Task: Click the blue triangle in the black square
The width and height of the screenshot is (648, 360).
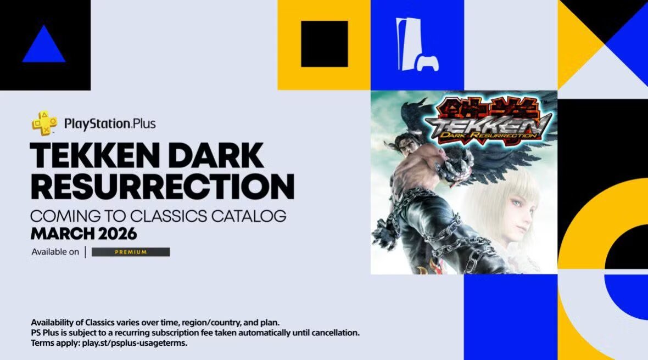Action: point(44,46)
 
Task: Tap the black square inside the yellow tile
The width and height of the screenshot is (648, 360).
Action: point(324,44)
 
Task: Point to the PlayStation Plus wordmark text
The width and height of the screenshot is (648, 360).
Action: point(110,123)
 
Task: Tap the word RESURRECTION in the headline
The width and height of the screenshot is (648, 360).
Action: point(162,187)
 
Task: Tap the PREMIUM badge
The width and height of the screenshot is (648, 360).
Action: point(131,252)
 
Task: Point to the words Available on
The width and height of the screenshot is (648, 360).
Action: point(55,252)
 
